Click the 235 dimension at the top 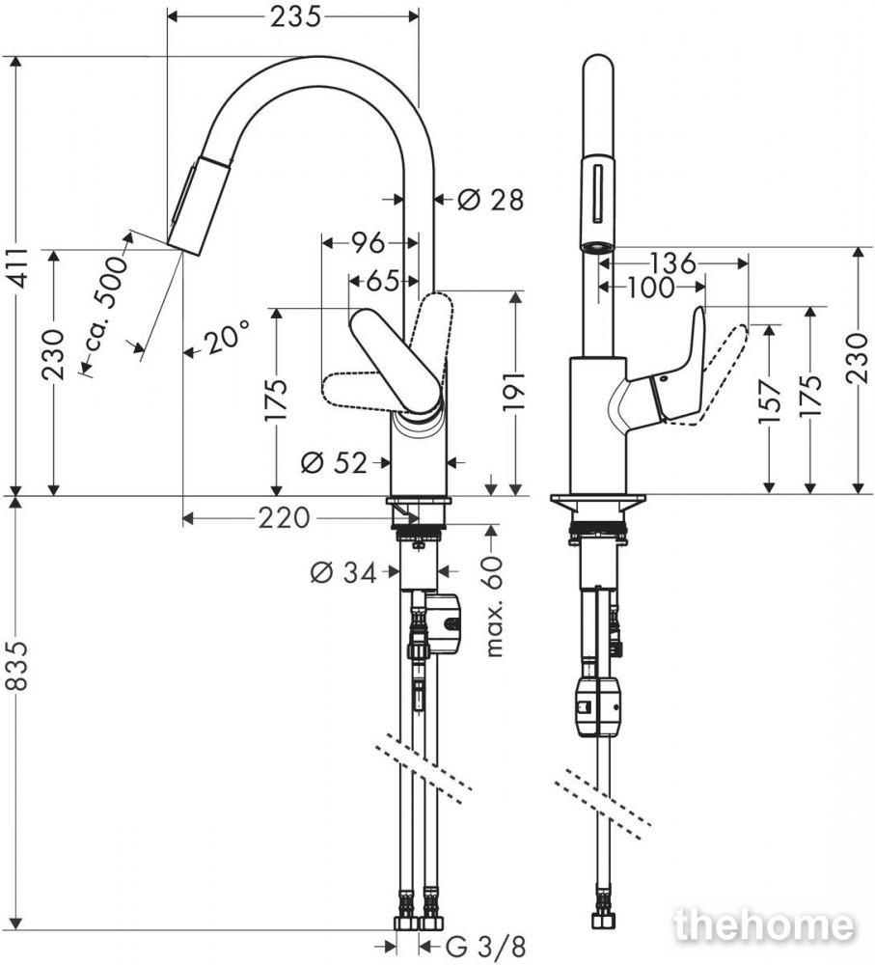pyautogui.click(x=295, y=17)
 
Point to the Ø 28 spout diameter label pyautogui.click(x=490, y=200)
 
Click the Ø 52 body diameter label pyautogui.click(x=334, y=462)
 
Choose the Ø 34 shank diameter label pyautogui.click(x=343, y=573)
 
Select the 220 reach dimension pyautogui.click(x=284, y=518)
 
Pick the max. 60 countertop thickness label pyautogui.click(x=494, y=607)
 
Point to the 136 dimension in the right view pyautogui.click(x=673, y=263)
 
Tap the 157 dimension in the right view pyautogui.click(x=769, y=401)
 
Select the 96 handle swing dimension pyautogui.click(x=368, y=243)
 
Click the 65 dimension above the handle pyautogui.click(x=383, y=282)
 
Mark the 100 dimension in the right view pyautogui.click(x=650, y=288)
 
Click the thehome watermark pyautogui.click(x=765, y=924)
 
